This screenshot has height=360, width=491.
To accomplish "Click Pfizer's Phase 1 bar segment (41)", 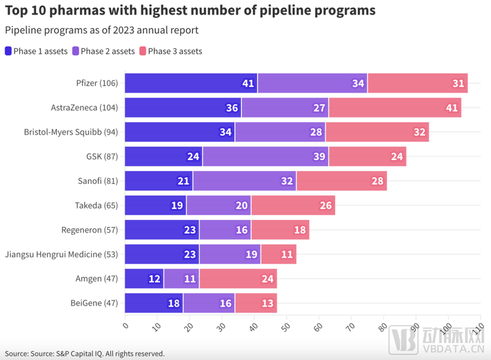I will point(191,83).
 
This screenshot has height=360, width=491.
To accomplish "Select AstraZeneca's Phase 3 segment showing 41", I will point(395,107).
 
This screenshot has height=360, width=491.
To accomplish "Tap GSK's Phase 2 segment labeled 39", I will point(265,156).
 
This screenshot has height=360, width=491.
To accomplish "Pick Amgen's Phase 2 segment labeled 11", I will point(181,278).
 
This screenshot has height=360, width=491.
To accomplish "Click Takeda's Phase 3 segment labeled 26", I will point(293,205).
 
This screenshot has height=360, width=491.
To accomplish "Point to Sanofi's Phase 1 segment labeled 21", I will point(158,181).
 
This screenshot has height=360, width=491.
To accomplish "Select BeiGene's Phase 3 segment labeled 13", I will point(255,303).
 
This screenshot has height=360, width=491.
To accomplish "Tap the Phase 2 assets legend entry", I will point(103,52).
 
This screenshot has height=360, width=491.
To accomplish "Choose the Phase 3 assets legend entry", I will point(171,52).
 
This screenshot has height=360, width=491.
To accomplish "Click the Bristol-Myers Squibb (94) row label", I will point(71,132).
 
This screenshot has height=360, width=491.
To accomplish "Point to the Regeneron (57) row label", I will point(90,230).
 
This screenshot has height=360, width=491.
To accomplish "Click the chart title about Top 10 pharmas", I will point(190,11).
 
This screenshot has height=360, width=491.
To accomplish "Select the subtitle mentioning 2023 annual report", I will point(101,30).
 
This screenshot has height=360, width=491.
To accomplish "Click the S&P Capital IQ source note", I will point(85,353).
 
